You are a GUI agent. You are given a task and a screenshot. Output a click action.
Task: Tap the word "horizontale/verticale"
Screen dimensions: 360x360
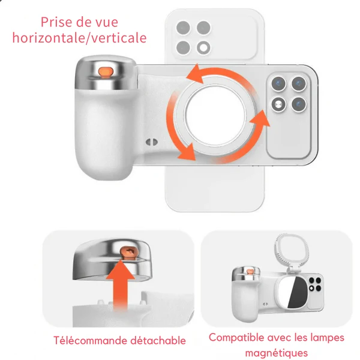point(79,38)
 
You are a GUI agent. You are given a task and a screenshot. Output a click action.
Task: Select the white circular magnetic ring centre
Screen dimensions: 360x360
point(215,115)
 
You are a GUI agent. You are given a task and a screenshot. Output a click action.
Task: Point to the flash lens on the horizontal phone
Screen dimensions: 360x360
point(278,105)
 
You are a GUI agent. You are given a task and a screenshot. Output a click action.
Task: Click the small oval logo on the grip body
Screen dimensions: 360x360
point(152,142)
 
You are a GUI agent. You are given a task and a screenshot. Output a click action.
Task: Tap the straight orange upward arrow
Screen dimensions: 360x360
point(121,284)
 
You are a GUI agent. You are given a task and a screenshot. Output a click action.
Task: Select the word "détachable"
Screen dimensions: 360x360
point(158,340)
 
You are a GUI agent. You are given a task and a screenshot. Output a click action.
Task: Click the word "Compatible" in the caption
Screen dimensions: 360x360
point(236,338)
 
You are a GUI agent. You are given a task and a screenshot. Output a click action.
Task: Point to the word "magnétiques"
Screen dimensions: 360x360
point(277,353)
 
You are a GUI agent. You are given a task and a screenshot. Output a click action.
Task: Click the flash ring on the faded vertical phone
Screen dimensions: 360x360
point(203,48)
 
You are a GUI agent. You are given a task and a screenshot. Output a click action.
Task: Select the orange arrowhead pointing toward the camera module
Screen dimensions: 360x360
point(260,119)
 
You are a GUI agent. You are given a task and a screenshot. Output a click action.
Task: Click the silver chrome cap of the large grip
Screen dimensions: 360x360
point(106,73)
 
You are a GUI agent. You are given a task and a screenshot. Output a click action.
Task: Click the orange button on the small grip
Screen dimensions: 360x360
point(249,272)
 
